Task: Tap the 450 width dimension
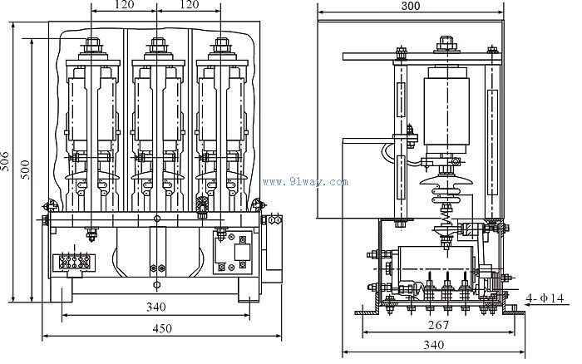pos(163,328)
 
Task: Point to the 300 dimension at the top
pos(409,6)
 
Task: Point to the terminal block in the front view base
pos(75,259)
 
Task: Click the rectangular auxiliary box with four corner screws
pos(234,253)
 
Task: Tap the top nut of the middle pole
pos(155,42)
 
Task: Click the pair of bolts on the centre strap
pos(155,269)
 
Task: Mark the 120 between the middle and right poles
pos(189,5)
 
